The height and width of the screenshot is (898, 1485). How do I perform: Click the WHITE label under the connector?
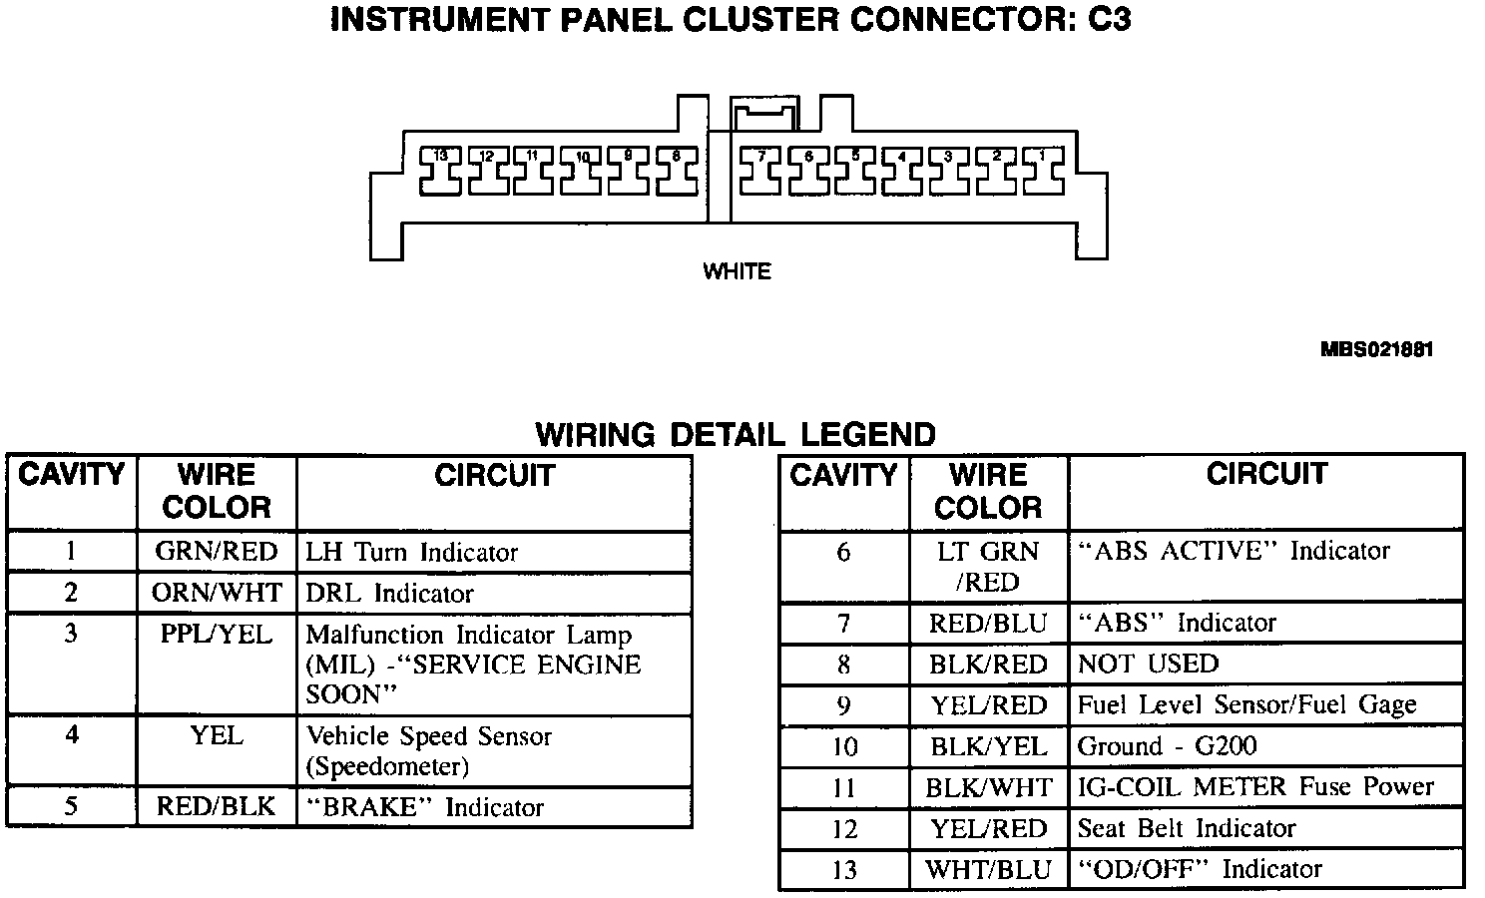point(737,271)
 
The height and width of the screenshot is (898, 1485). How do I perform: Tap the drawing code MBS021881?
point(1376,350)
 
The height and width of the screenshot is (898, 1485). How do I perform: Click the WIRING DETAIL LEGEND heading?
point(736,435)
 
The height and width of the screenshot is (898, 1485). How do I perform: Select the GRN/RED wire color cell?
point(217,552)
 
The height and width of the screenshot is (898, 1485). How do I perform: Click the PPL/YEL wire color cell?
point(217,635)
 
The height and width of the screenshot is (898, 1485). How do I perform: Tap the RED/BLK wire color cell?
point(217,806)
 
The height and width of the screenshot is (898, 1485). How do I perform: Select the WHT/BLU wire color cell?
point(988,869)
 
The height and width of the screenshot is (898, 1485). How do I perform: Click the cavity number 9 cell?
point(843,705)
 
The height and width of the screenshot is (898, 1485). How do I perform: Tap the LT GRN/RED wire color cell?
point(988,566)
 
